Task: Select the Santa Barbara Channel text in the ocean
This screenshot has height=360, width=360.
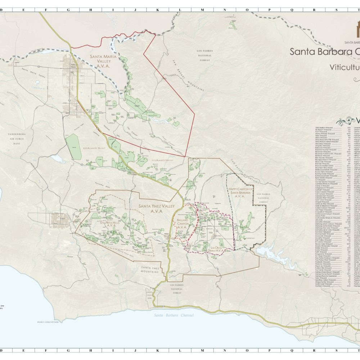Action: coord(174,315)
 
